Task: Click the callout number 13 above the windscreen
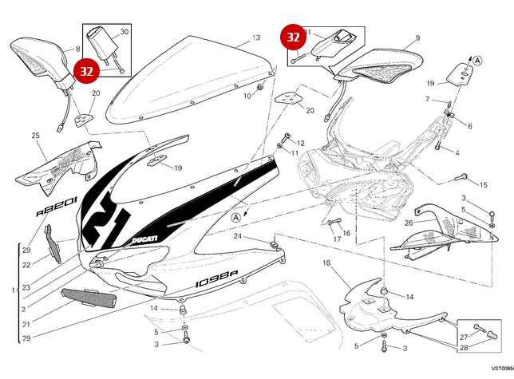256,38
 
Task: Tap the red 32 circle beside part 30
86,70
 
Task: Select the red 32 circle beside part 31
293,37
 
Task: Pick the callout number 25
35,136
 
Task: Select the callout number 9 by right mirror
417,38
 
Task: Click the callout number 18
326,263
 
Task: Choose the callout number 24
237,236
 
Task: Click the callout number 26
408,223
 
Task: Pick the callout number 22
26,265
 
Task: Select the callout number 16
346,233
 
